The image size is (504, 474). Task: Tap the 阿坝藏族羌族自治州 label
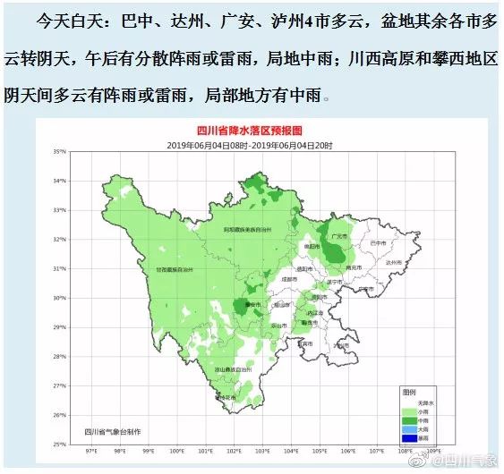click(x=247, y=231)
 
